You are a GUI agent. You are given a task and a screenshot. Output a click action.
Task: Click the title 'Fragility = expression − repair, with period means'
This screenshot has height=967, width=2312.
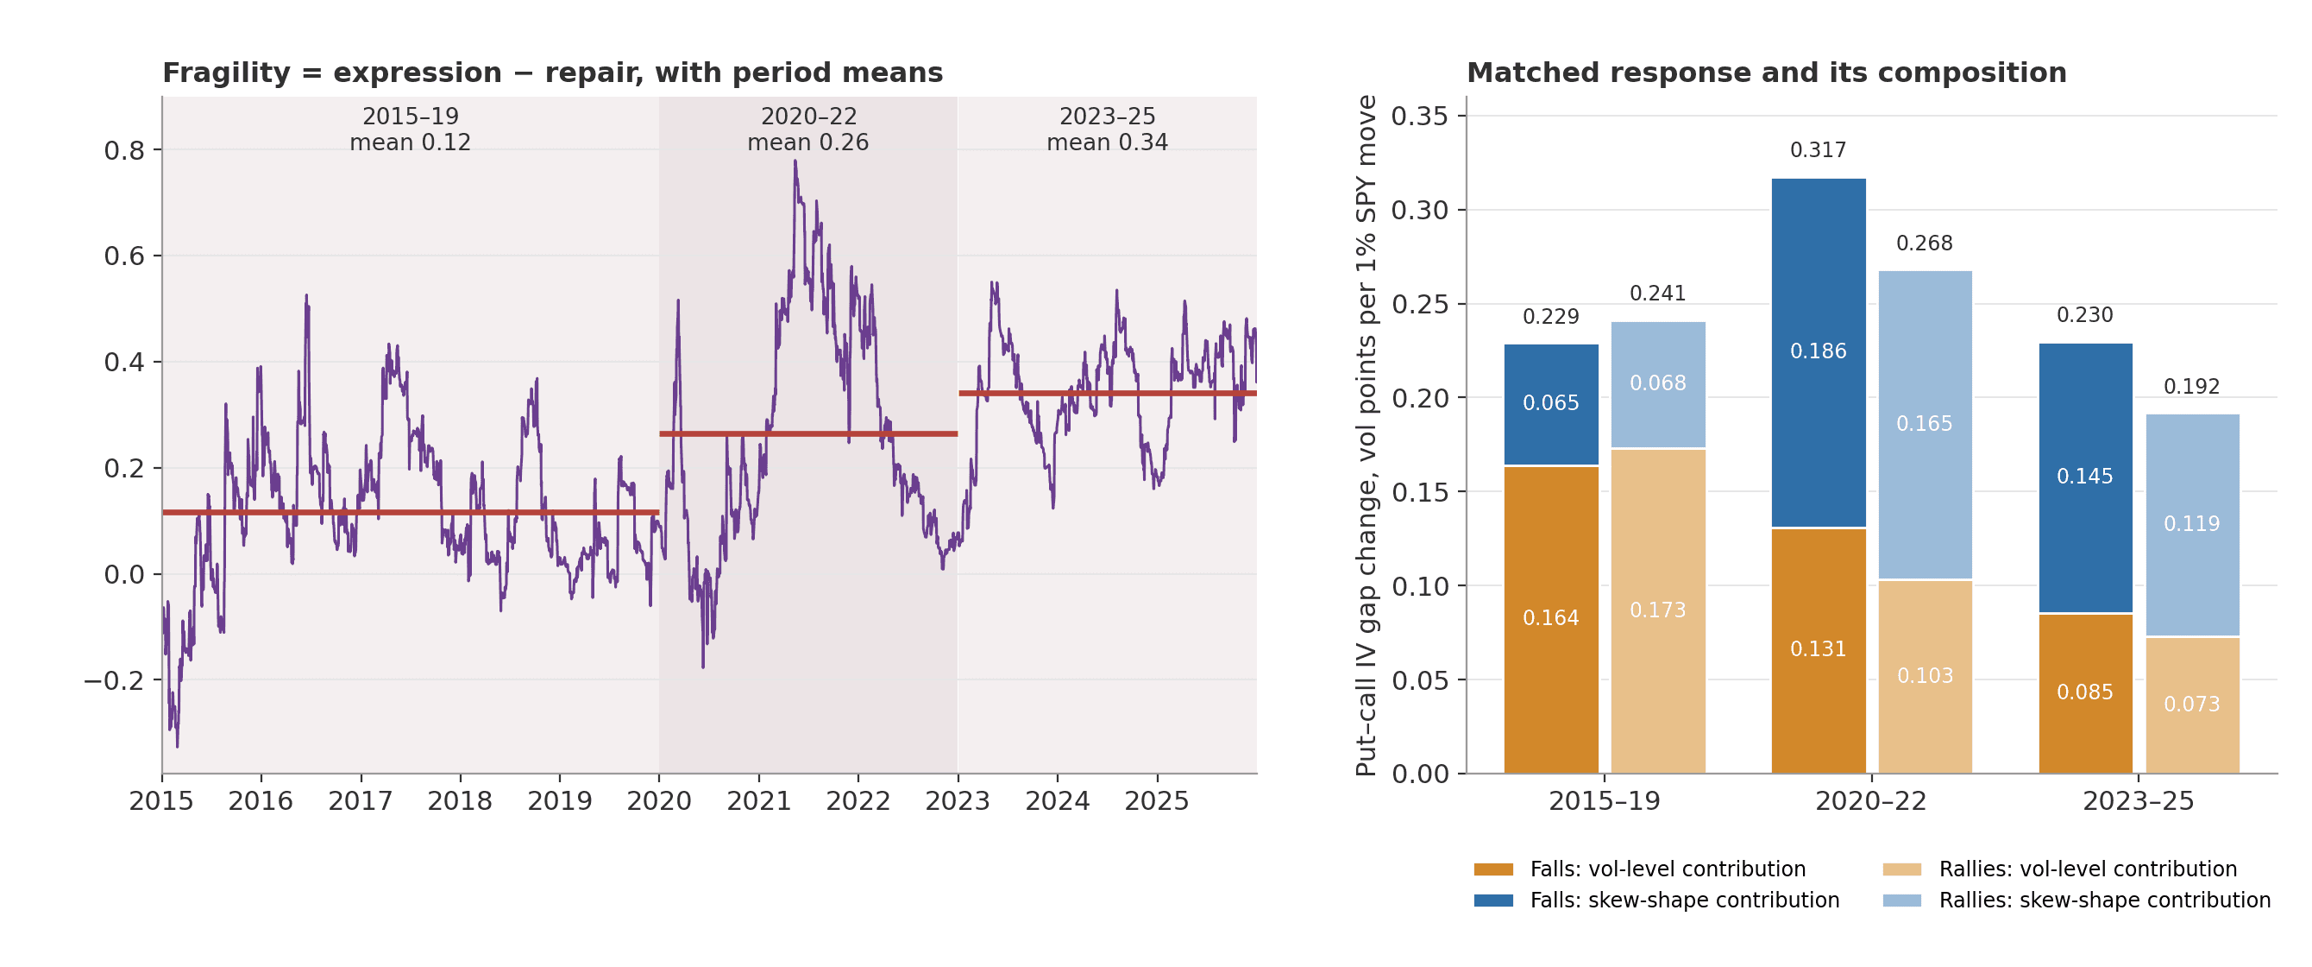click(x=552, y=73)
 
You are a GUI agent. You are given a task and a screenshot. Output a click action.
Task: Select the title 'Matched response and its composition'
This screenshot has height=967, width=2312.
click(x=1766, y=73)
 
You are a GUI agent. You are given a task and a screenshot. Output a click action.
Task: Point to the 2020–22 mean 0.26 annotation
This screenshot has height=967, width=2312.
click(x=807, y=130)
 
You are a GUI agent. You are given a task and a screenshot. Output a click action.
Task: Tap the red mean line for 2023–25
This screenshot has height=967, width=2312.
click(x=1108, y=393)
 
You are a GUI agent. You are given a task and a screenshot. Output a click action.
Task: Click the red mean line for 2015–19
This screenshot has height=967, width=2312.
click(x=410, y=513)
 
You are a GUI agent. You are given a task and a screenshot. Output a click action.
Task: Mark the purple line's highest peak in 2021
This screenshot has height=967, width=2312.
click(x=795, y=161)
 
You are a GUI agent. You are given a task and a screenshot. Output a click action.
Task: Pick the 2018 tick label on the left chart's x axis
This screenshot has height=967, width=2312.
click(x=460, y=801)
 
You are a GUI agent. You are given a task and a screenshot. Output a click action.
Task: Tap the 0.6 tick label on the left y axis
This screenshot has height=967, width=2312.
click(x=125, y=256)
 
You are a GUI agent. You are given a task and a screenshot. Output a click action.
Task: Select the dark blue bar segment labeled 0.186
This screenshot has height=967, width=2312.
click(x=1819, y=353)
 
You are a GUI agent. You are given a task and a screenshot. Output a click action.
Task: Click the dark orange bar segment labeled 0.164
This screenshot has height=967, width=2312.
click(x=1551, y=620)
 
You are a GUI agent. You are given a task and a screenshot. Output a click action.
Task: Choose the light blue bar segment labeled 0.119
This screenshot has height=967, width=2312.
click(x=2193, y=525)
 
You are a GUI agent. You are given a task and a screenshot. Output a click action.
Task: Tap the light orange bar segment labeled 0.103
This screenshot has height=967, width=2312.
click(x=1926, y=677)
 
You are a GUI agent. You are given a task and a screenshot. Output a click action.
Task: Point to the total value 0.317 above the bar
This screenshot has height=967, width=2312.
click(x=1819, y=150)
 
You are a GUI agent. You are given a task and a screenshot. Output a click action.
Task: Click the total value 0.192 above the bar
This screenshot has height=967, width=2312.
click(x=2192, y=386)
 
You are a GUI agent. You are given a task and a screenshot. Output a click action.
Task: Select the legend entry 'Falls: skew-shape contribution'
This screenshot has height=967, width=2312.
click(x=1657, y=900)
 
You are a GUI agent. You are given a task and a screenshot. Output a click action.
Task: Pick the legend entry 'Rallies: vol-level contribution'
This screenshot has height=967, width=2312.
click(x=2060, y=869)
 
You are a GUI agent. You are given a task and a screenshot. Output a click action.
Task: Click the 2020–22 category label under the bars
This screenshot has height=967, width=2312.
click(x=1871, y=801)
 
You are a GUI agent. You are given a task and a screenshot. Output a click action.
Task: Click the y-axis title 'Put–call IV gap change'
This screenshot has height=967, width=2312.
click(x=1366, y=629)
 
